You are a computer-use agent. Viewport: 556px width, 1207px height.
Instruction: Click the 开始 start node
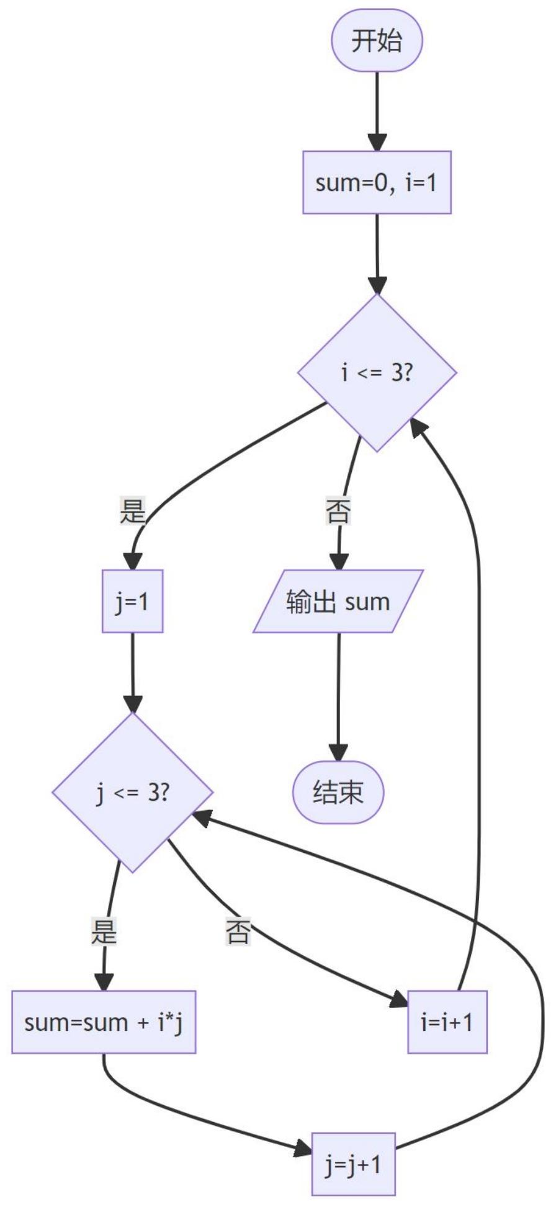(x=377, y=40)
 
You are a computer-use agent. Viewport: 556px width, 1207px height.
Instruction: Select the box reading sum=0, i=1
(x=377, y=182)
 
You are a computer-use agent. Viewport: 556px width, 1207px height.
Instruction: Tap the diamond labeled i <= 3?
(x=377, y=373)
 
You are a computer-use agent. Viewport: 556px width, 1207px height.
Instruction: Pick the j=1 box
(x=132, y=601)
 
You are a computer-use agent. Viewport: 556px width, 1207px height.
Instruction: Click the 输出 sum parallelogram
(x=338, y=601)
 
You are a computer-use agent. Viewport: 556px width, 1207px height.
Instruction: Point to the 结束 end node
(x=338, y=792)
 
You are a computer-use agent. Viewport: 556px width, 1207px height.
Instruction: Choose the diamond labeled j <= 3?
(x=132, y=792)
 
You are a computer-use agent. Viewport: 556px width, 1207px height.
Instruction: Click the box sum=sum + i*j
(x=104, y=1022)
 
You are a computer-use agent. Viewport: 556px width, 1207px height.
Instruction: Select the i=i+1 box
(x=447, y=1022)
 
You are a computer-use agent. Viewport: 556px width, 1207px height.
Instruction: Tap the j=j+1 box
(x=353, y=1164)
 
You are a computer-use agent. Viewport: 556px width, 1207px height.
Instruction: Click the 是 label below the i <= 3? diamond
(x=132, y=512)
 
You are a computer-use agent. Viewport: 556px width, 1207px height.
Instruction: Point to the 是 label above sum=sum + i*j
(x=104, y=931)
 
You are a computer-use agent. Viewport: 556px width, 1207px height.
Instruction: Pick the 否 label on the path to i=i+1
(x=238, y=931)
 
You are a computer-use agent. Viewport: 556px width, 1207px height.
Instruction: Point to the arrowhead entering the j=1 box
(x=132, y=561)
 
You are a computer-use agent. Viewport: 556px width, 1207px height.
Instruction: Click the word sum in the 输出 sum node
(x=367, y=602)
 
